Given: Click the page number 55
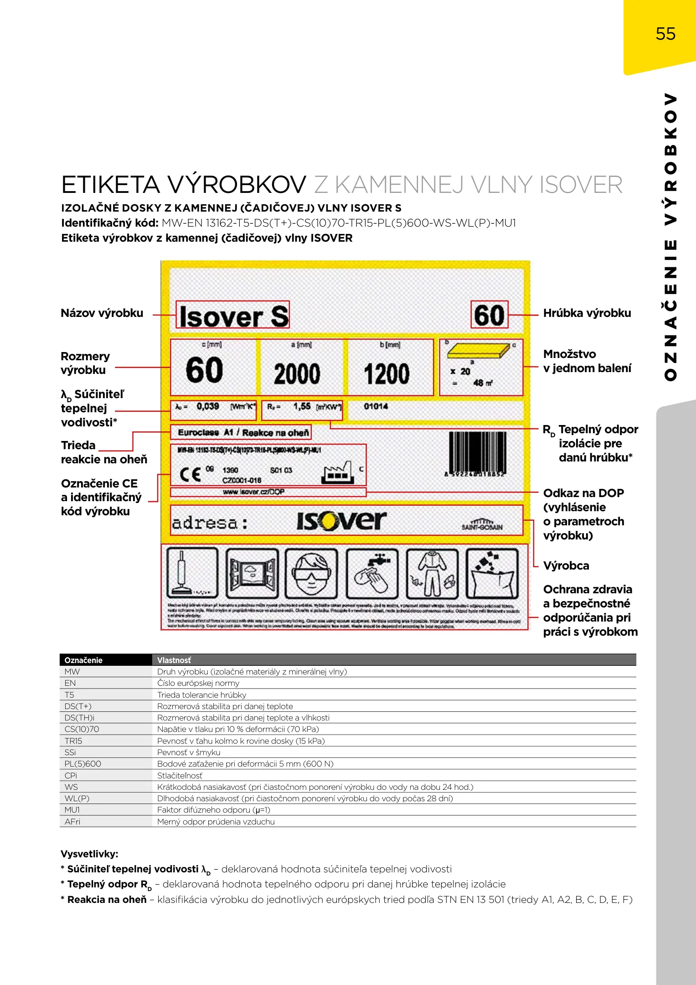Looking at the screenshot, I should [665, 34].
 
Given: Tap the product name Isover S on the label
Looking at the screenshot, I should [233, 316].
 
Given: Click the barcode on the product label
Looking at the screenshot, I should [477, 452].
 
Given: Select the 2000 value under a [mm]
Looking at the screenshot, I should [297, 373].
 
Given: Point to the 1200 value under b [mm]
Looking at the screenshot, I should [387, 373].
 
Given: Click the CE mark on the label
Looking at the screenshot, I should [191, 474].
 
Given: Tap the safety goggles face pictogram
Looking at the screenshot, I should [311, 574].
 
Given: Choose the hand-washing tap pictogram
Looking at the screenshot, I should [372, 574].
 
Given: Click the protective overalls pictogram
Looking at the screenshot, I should [432, 574].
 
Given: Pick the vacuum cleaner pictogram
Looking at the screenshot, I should [192, 574].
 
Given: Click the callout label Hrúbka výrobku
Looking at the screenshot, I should [587, 313].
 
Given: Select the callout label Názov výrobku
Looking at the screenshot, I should [102, 313].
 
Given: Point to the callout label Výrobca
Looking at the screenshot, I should [566, 566].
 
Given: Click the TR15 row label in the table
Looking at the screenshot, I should [73, 741].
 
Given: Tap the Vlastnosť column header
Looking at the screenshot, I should [174, 660].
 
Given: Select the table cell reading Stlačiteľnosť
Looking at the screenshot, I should [180, 776].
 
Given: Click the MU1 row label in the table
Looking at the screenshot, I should [72, 810].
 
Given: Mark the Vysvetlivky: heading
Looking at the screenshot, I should [89, 854].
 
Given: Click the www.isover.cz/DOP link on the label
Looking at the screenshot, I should [253, 492].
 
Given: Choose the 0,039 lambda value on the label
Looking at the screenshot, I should [208, 406].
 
